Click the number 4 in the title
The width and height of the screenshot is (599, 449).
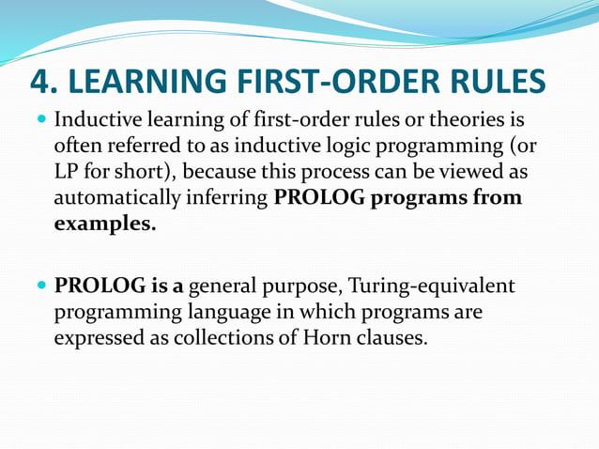click(42, 82)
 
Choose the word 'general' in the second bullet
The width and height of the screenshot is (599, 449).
click(220, 286)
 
